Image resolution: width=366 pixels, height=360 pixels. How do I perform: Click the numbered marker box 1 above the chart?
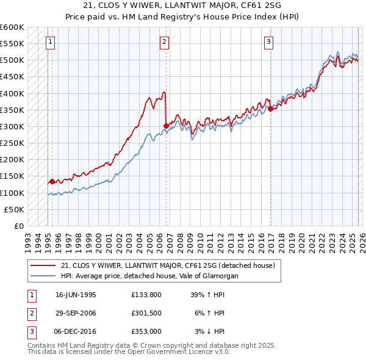click(49, 42)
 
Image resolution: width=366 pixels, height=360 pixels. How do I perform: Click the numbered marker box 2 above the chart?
click(165, 42)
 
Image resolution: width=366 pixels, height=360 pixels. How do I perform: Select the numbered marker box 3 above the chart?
click(269, 42)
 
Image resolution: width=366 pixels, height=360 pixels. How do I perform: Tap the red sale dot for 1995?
click(52, 181)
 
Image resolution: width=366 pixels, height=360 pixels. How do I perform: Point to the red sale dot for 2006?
click(166, 126)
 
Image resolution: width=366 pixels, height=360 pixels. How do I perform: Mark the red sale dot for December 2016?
click(270, 109)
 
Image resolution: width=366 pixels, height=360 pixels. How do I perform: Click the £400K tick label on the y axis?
click(12, 93)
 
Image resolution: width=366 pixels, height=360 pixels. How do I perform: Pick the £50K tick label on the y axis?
click(14, 209)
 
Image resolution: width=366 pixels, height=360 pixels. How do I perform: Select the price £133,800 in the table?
click(146, 294)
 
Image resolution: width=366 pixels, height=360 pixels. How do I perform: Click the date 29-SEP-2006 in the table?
click(76, 312)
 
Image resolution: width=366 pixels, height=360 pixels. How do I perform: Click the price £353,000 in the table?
click(146, 331)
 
